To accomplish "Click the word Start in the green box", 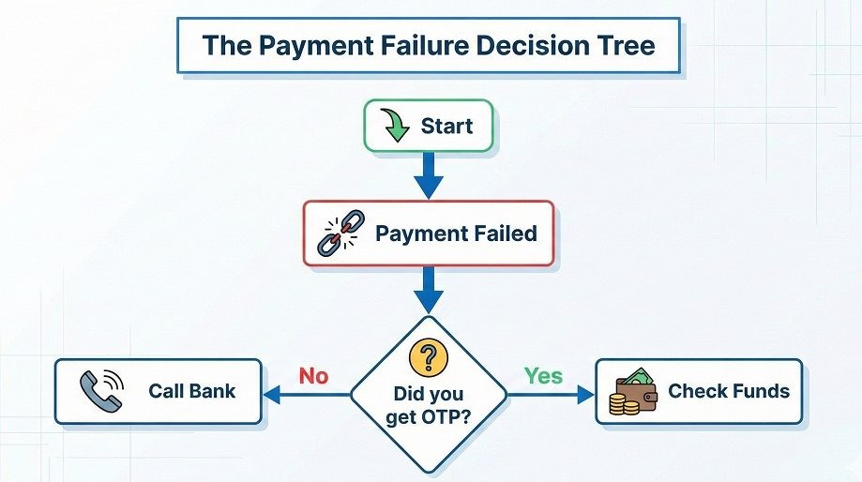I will [446, 126].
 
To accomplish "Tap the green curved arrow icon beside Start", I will [394, 126].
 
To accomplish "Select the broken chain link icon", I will [338, 233].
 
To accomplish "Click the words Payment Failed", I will [457, 233].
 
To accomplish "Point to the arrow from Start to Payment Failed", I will [429, 175].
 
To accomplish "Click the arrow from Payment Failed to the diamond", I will [429, 289].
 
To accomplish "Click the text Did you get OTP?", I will [428, 405].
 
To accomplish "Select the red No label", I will [313, 376].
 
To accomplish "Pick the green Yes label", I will [543, 376].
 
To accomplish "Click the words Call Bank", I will [191, 390].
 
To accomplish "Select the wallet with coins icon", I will [633, 391].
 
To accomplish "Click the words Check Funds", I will [728, 390].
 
